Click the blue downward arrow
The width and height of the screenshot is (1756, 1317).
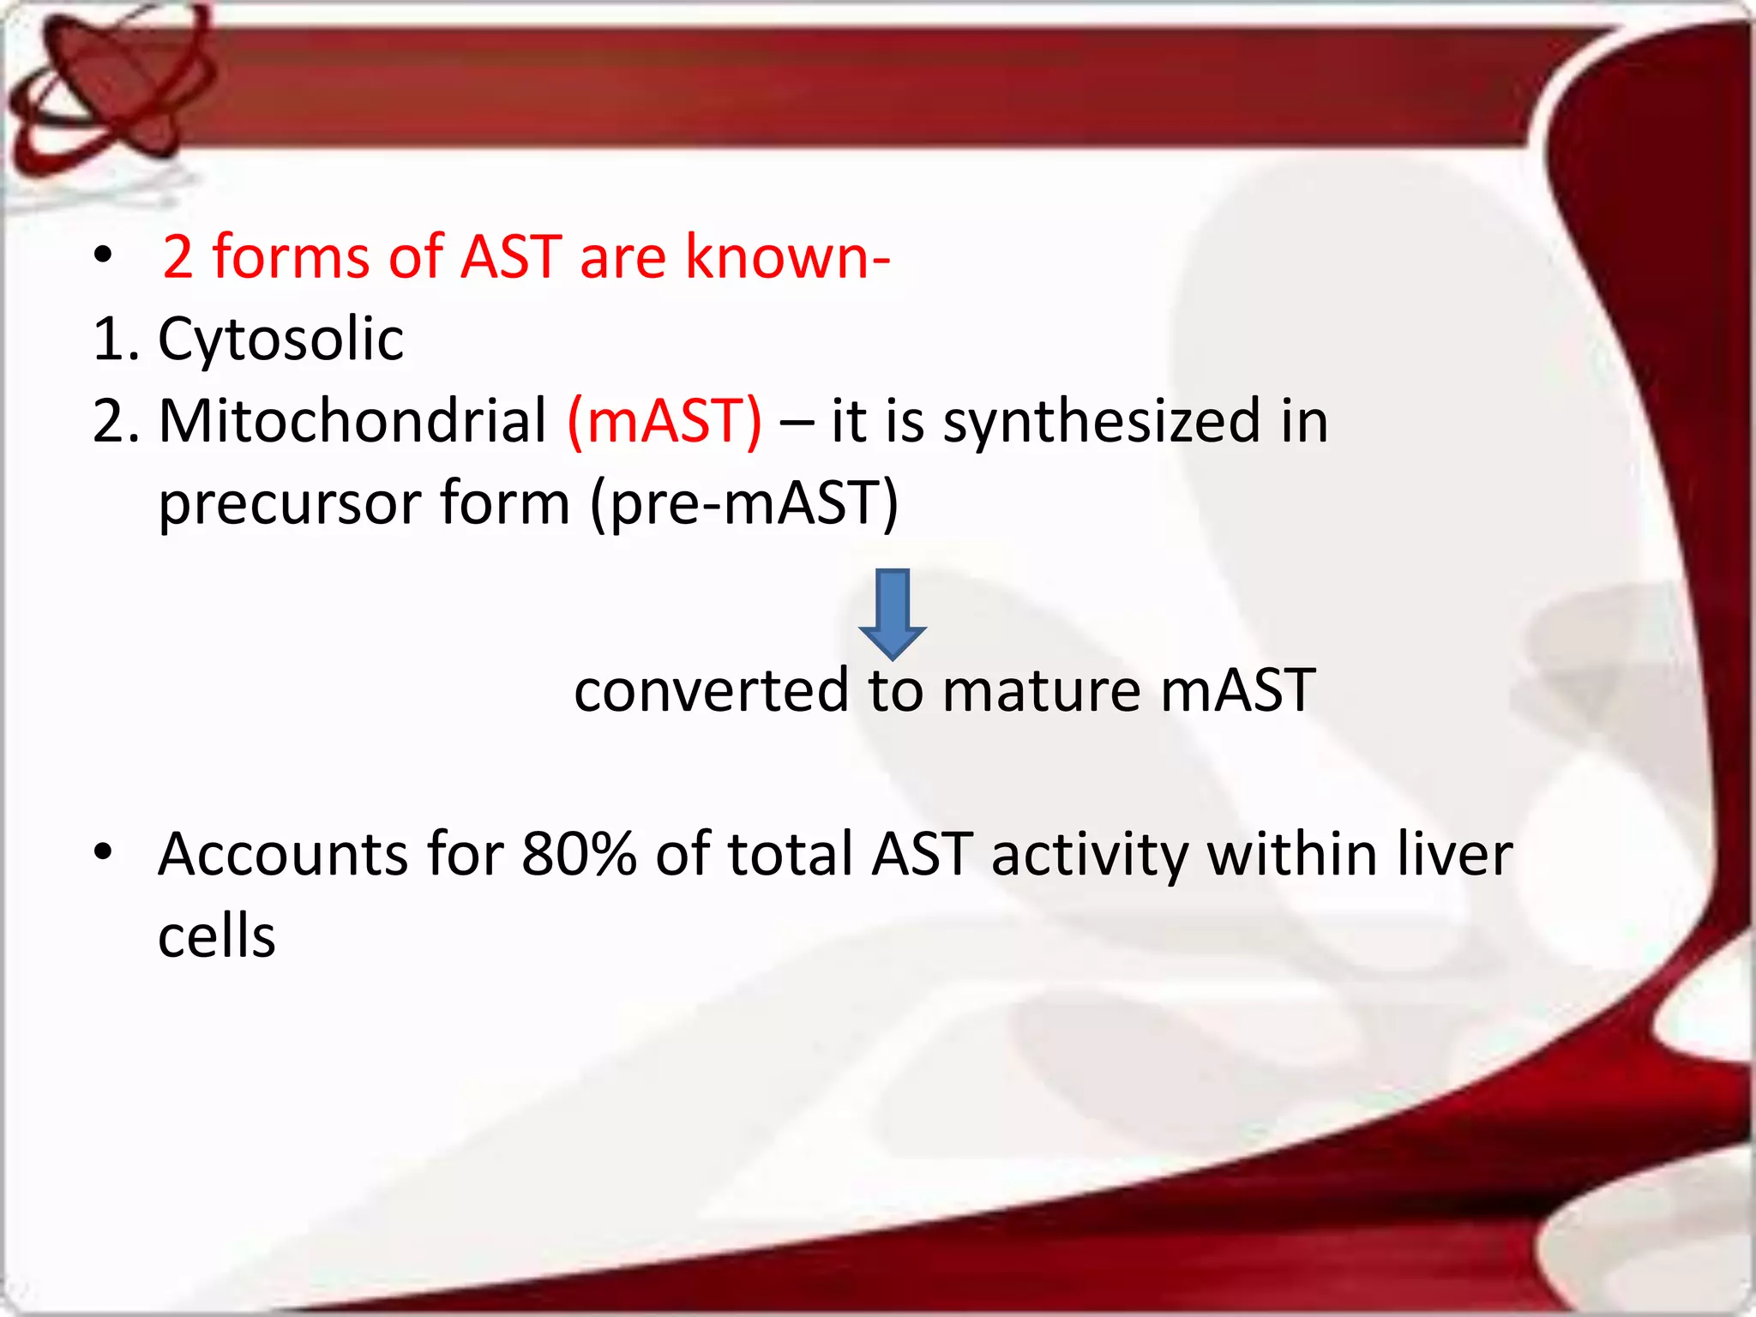pos(892,613)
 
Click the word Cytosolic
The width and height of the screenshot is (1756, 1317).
pos(280,340)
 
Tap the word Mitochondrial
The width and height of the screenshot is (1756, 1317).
pos(352,422)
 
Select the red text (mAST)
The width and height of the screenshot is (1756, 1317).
pos(665,422)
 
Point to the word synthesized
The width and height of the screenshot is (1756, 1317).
pos(1102,422)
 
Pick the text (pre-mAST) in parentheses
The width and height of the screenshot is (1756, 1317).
pos(744,504)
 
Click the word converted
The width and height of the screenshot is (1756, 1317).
pos(711,691)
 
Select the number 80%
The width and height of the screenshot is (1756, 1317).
pos(579,855)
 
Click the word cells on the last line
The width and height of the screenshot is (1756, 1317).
pos(216,936)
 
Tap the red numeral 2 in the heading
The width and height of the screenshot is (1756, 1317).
pos(177,257)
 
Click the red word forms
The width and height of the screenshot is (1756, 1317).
pos(291,257)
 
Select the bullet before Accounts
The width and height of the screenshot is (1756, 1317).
pos(104,852)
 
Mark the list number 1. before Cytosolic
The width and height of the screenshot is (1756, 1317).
pos(116,340)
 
